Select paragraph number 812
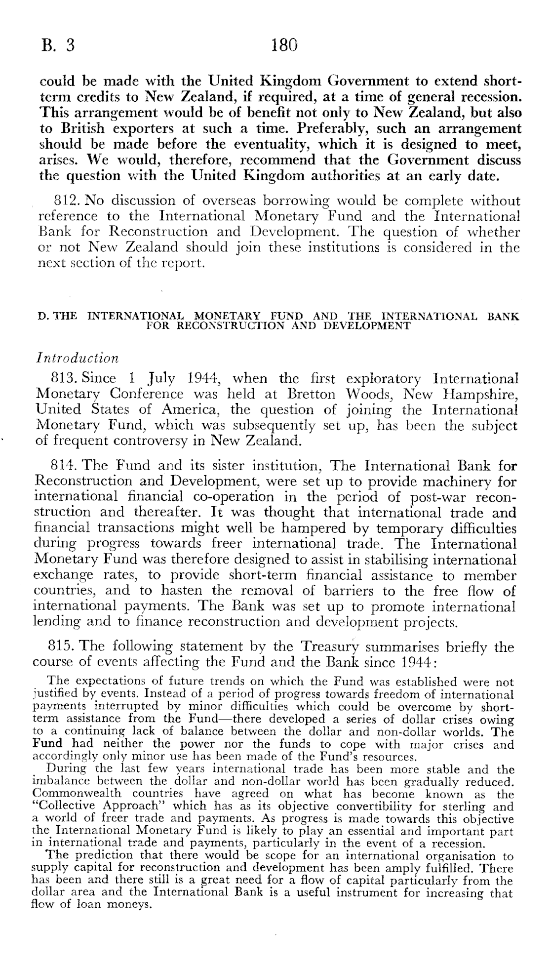[x=66, y=201]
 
